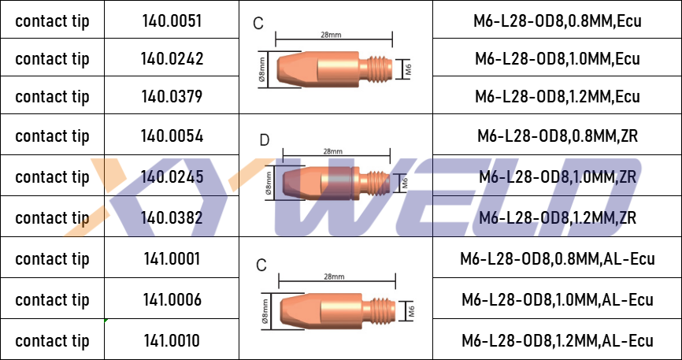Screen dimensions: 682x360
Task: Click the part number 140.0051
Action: click(x=172, y=21)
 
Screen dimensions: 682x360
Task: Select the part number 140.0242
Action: click(x=172, y=59)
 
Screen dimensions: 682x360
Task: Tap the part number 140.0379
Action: click(x=172, y=96)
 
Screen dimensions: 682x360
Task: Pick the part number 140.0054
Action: click(x=172, y=136)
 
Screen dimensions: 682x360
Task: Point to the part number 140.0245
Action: click(x=172, y=176)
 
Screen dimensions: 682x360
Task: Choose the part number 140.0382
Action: click(x=172, y=217)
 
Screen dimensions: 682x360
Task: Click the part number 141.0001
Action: click(x=172, y=259)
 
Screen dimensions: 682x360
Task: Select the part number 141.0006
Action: click(x=172, y=299)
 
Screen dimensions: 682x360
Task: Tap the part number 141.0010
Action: click(x=172, y=340)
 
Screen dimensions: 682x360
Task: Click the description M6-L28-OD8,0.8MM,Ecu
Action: click(x=557, y=21)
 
